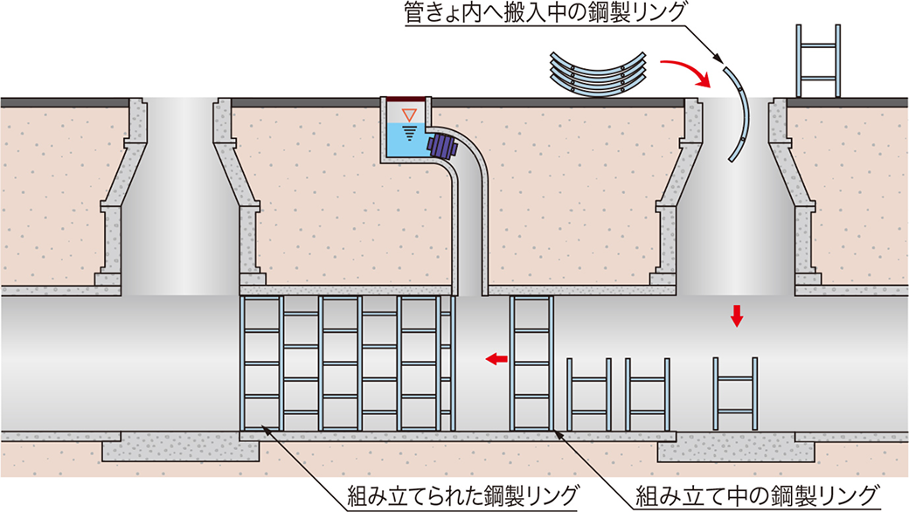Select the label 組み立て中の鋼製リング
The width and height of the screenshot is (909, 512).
pyautogui.click(x=756, y=496)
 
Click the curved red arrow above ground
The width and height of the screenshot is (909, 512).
pyautogui.click(x=687, y=73)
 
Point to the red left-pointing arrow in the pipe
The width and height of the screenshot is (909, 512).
pyautogui.click(x=497, y=358)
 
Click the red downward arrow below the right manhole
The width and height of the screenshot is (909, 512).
pyautogui.click(x=737, y=315)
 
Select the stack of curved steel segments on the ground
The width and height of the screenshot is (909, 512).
pyautogui.click(x=598, y=72)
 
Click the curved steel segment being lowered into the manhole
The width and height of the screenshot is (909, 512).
pyautogui.click(x=740, y=114)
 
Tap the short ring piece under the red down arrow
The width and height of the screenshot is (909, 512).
pyautogui.click(x=736, y=394)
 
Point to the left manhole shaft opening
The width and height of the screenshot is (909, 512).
pyautogui.click(x=180, y=192)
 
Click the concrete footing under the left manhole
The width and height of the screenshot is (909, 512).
pyautogui.click(x=181, y=449)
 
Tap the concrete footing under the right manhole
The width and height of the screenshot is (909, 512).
pyautogui.click(x=736, y=449)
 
